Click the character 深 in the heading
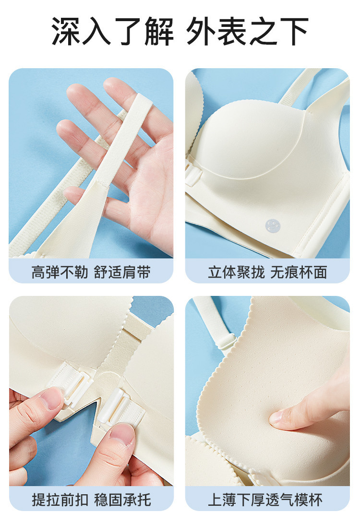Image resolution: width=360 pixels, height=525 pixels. click(x=66, y=31)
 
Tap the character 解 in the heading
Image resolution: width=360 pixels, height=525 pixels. click(x=159, y=31)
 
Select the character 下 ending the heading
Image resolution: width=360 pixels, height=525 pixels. click(x=294, y=31)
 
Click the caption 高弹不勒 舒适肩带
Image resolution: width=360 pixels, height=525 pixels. click(x=91, y=272)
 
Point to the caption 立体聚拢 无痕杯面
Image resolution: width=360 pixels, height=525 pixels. click(x=267, y=272)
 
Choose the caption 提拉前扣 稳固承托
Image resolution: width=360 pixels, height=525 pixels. click(x=91, y=500)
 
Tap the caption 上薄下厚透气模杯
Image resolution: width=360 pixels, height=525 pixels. click(x=265, y=500)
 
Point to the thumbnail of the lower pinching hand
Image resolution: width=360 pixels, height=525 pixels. click(x=121, y=434)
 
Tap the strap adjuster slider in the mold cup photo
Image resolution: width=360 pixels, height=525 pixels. click(x=227, y=342)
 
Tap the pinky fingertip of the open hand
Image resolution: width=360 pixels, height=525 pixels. click(x=70, y=193)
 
